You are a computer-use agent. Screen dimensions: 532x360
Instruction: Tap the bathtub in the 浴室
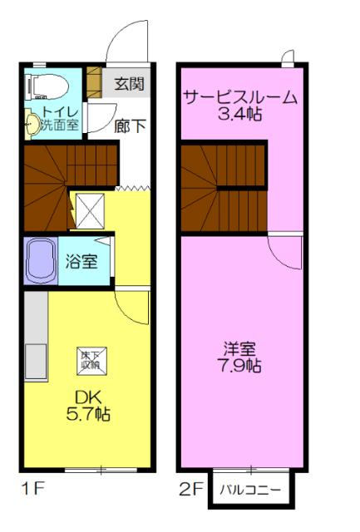click(40, 261)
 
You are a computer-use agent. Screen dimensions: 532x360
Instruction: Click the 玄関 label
click(130, 83)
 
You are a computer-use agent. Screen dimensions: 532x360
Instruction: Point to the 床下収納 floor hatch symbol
click(89, 359)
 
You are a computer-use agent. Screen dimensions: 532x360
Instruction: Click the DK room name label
click(88, 396)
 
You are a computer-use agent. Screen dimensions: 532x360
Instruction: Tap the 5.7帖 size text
click(88, 412)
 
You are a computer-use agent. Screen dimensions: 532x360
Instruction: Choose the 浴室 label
click(81, 262)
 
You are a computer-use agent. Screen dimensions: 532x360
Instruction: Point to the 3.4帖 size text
click(239, 115)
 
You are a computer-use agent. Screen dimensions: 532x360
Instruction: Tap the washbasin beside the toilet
click(32, 124)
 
